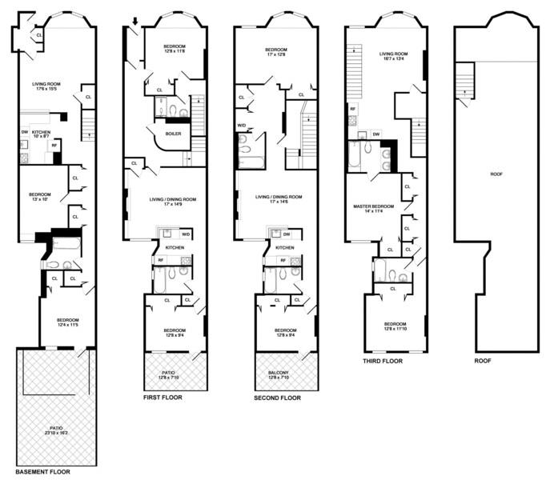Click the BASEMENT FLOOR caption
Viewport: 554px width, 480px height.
[48, 473]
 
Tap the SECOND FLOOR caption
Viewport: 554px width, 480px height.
[278, 398]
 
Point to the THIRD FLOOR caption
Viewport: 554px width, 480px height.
[383, 361]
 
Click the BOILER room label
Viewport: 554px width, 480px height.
[173, 134]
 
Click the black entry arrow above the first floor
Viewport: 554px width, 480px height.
[135, 22]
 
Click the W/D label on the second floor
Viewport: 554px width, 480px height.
[242, 126]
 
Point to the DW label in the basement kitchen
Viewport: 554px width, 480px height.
[25, 132]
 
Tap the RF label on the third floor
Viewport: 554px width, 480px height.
[352, 108]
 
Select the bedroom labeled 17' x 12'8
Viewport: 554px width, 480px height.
[277, 55]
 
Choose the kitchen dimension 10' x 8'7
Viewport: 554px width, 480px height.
[41, 138]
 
